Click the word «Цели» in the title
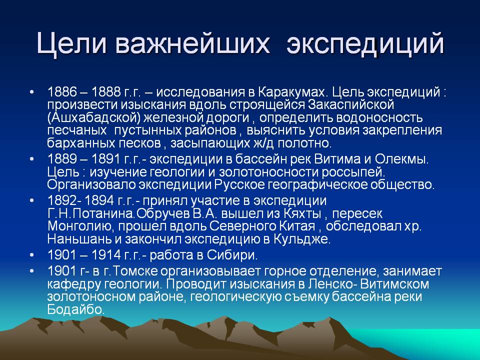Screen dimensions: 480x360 [72, 44]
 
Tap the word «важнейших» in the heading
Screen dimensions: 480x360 [193, 43]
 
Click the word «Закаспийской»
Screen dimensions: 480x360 [351, 104]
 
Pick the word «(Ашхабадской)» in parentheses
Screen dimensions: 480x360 [93, 118]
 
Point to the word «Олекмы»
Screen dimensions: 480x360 [401, 159]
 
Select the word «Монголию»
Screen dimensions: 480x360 [81, 226]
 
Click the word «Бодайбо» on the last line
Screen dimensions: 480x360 [76, 310]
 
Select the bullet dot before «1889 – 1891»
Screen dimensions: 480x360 [32, 159]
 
